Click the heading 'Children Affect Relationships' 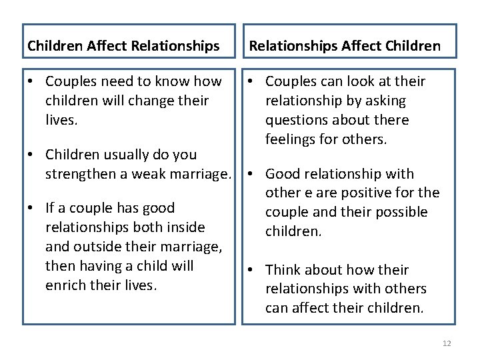[123, 46]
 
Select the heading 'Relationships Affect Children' [345, 46]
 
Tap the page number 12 [447, 343]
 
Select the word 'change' [154, 101]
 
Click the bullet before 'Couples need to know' [31, 81]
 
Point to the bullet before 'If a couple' [31, 208]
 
